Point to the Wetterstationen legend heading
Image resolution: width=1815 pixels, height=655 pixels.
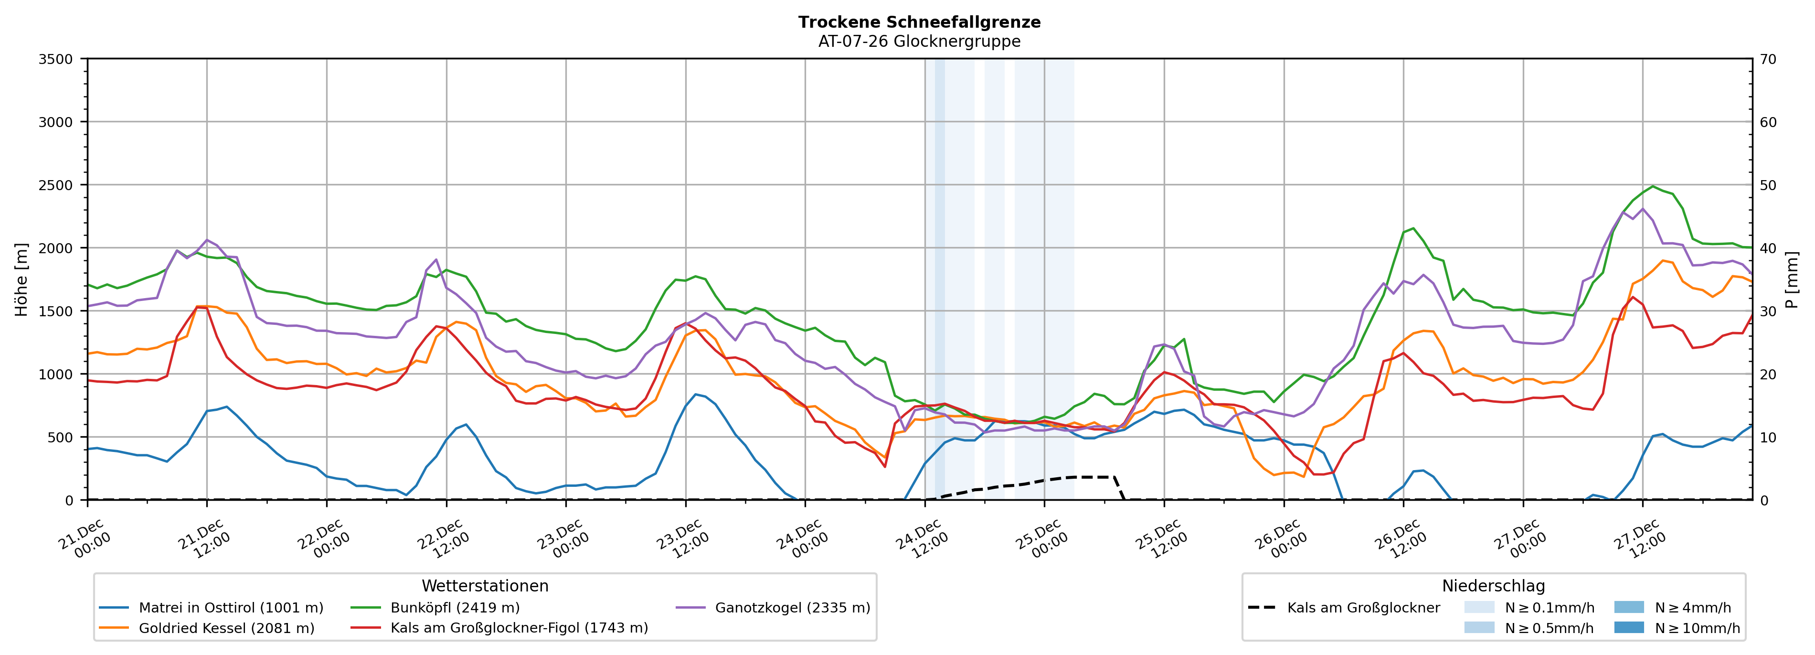tap(485, 586)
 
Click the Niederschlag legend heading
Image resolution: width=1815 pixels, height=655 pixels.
tap(1493, 586)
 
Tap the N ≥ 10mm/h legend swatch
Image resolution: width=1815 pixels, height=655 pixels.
tap(1628, 627)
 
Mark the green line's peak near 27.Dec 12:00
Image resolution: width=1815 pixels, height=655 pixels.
tap(1653, 186)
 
